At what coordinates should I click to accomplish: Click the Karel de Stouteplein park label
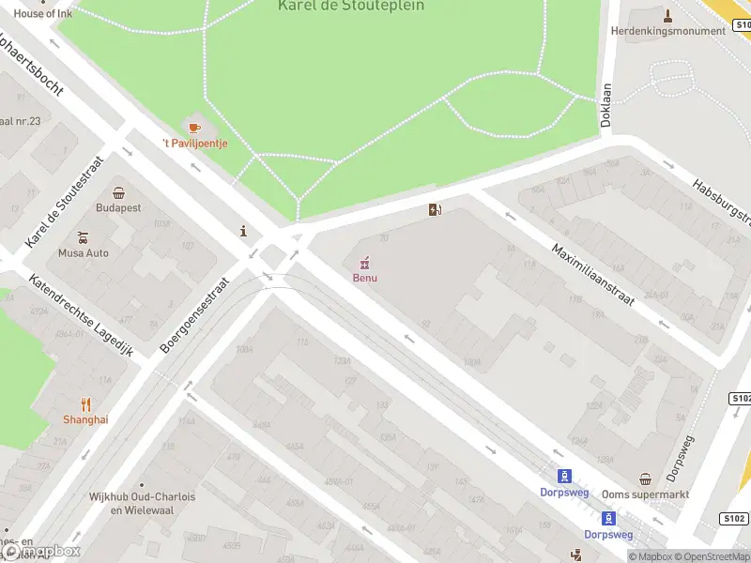pyautogui.click(x=351, y=6)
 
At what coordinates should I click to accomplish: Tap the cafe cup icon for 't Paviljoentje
pyautogui.click(x=194, y=127)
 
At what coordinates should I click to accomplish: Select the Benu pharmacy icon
pyautogui.click(x=364, y=262)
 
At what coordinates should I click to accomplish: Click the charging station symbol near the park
pyautogui.click(x=434, y=209)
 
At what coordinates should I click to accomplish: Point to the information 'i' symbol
pyautogui.click(x=244, y=231)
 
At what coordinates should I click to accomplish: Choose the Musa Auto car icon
pyautogui.click(x=84, y=237)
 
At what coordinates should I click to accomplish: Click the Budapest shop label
pyautogui.click(x=118, y=207)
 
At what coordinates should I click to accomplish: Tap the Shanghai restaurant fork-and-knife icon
pyautogui.click(x=85, y=404)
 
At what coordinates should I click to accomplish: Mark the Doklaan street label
pyautogui.click(x=606, y=104)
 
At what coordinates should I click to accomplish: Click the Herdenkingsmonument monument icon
pyautogui.click(x=667, y=15)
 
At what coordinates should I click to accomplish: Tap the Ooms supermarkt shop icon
pyautogui.click(x=645, y=479)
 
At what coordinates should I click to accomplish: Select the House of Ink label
pyautogui.click(x=42, y=13)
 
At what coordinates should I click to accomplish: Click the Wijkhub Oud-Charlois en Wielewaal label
pyautogui.click(x=142, y=504)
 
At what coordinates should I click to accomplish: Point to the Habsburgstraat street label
pyautogui.click(x=723, y=202)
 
